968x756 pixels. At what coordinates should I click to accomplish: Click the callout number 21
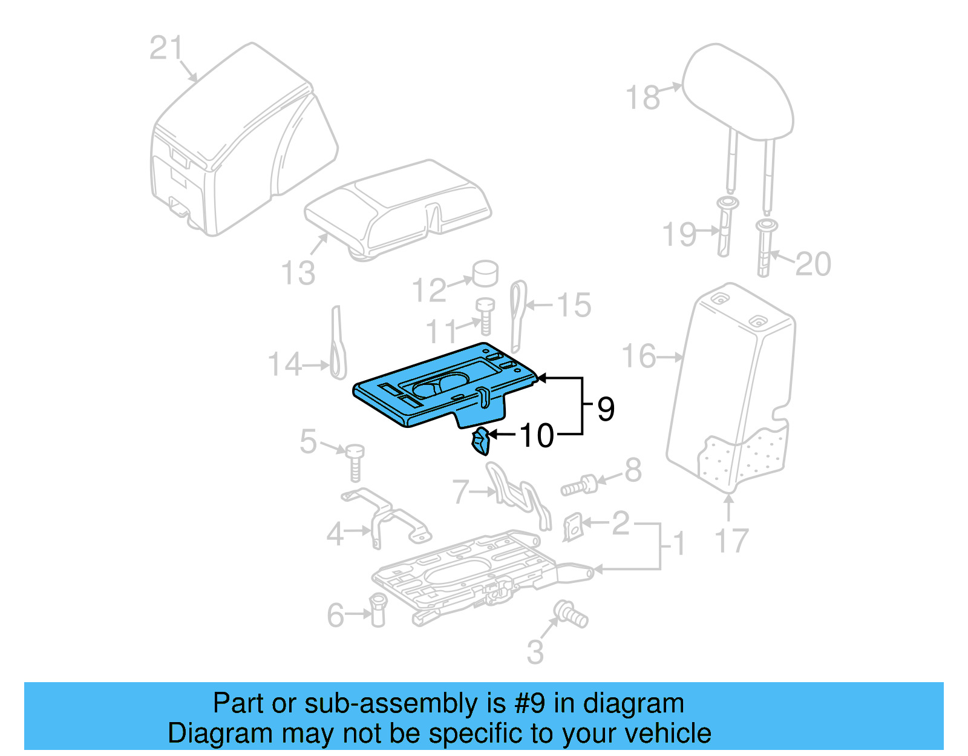(165, 48)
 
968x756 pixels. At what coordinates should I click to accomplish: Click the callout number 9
(606, 409)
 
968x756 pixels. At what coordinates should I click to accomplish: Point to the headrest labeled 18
(738, 91)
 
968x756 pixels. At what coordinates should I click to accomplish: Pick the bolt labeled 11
(485, 315)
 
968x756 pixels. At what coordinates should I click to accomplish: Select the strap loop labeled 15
(518, 315)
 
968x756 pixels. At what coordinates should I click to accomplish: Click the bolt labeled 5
(355, 462)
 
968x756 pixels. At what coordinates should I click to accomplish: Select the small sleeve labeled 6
(378, 610)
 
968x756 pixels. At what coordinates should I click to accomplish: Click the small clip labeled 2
(573, 527)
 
